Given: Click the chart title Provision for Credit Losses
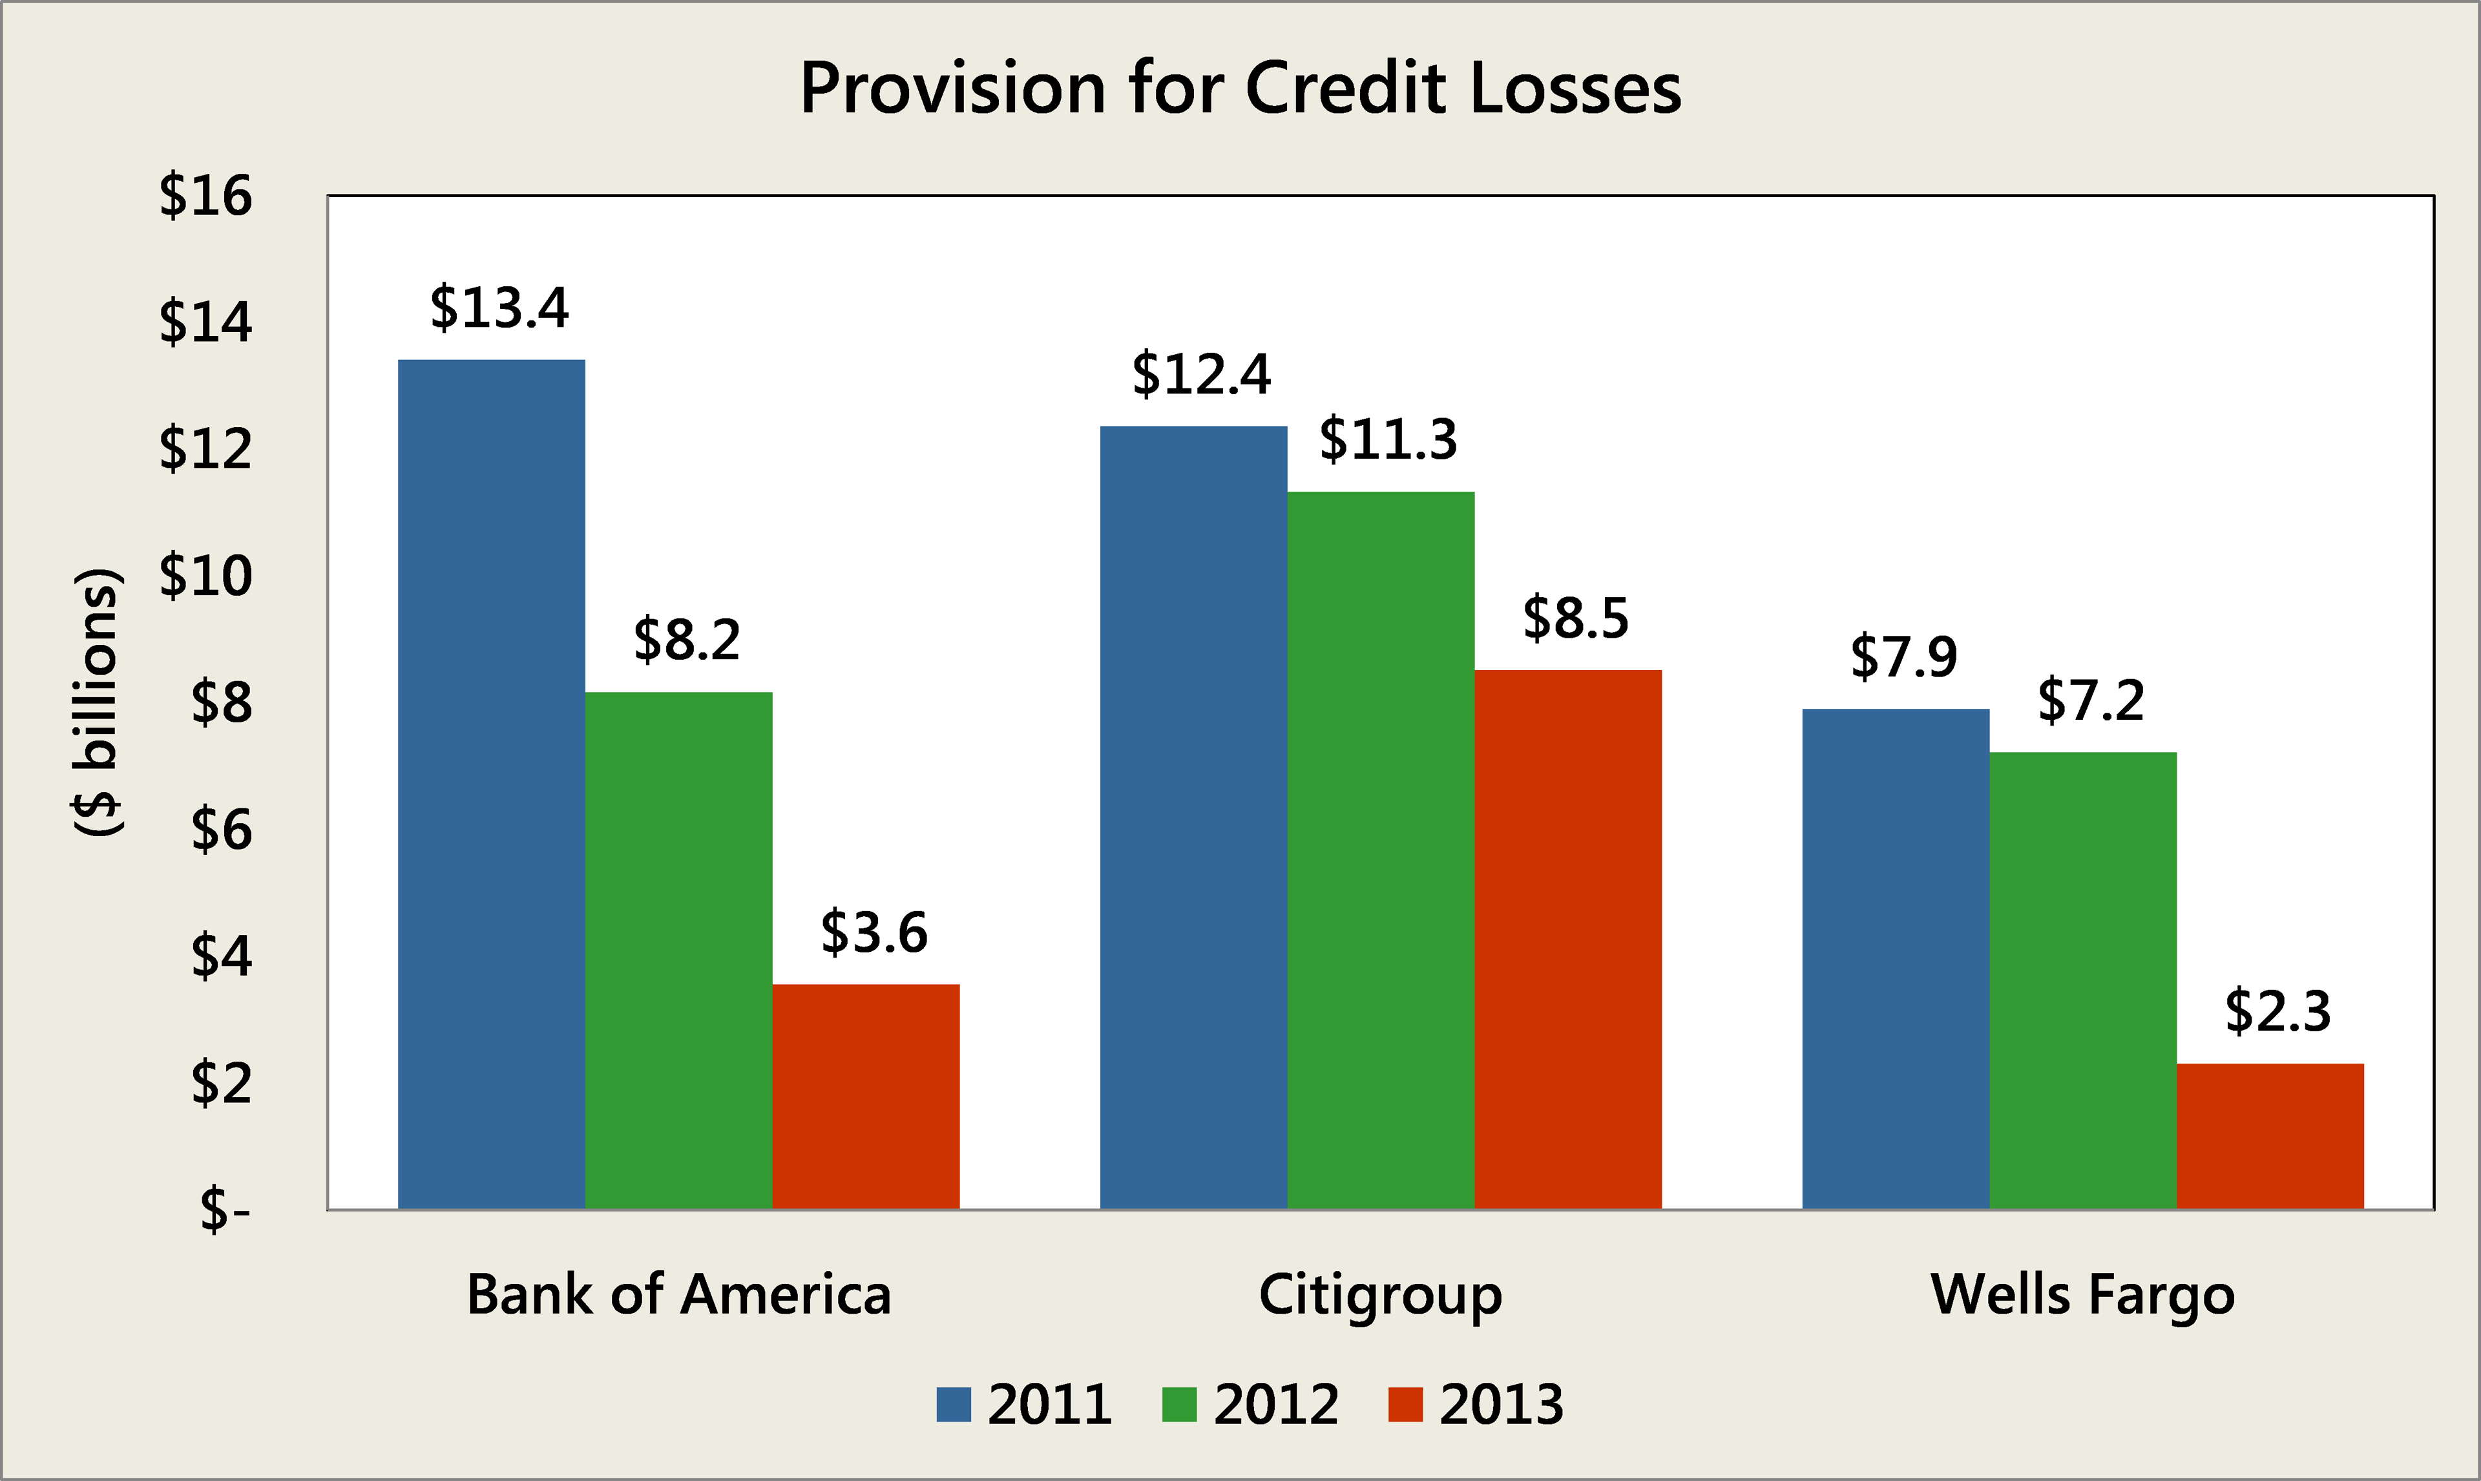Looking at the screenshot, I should [x=1240, y=89].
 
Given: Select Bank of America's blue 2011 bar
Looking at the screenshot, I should [x=491, y=783].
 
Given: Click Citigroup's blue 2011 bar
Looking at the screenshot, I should [x=1193, y=817].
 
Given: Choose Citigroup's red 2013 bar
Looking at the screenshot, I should [x=1568, y=939].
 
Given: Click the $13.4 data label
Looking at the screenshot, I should [x=499, y=308].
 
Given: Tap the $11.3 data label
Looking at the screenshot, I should [x=1388, y=440].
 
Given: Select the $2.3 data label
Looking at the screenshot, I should [x=2277, y=1011].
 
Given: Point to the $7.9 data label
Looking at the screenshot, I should [x=1903, y=658].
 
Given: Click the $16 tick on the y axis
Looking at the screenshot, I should [x=205, y=196].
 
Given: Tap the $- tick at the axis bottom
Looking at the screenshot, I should [x=224, y=1210].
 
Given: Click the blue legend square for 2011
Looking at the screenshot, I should [x=954, y=1404].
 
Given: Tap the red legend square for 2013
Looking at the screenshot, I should [x=1405, y=1404].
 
